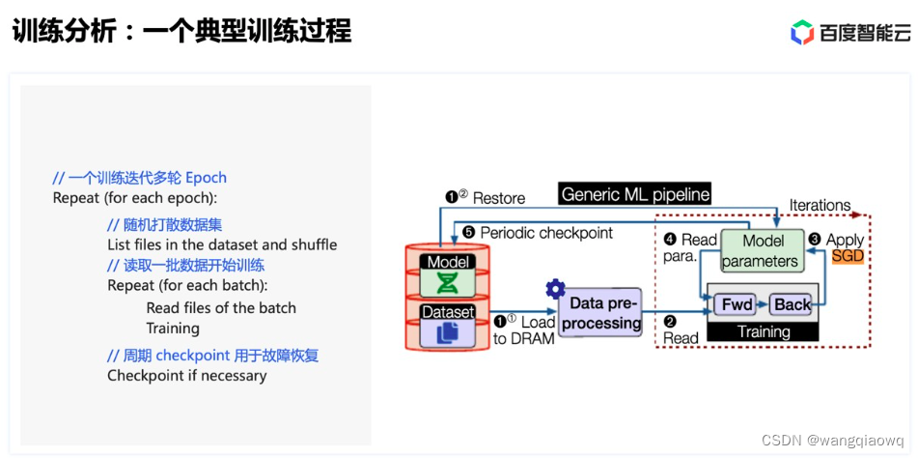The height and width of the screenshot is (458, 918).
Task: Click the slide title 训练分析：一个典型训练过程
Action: tap(182, 31)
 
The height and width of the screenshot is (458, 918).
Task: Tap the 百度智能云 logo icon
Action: tap(802, 33)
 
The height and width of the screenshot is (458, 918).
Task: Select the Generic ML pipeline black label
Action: tap(635, 193)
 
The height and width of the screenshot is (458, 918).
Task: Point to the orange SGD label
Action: tap(847, 256)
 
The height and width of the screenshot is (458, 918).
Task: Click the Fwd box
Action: tap(737, 304)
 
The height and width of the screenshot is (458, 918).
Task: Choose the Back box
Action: tap(793, 304)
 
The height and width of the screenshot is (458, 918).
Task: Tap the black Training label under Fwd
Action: tap(763, 331)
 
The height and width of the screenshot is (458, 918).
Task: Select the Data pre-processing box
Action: tap(600, 313)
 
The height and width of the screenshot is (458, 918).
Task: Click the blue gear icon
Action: tap(555, 288)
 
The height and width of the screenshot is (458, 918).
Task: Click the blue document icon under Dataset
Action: tap(447, 332)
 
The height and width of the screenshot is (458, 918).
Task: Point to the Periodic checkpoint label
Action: tap(545, 233)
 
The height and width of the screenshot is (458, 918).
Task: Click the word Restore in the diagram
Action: tap(498, 198)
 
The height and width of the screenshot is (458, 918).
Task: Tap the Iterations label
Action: tap(820, 205)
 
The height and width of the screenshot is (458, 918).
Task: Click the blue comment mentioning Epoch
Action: tap(140, 178)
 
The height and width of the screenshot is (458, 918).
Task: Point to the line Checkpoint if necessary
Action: tap(186, 375)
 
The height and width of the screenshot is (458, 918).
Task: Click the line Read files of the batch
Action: tap(221, 307)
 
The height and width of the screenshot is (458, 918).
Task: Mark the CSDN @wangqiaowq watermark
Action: tap(832, 440)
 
